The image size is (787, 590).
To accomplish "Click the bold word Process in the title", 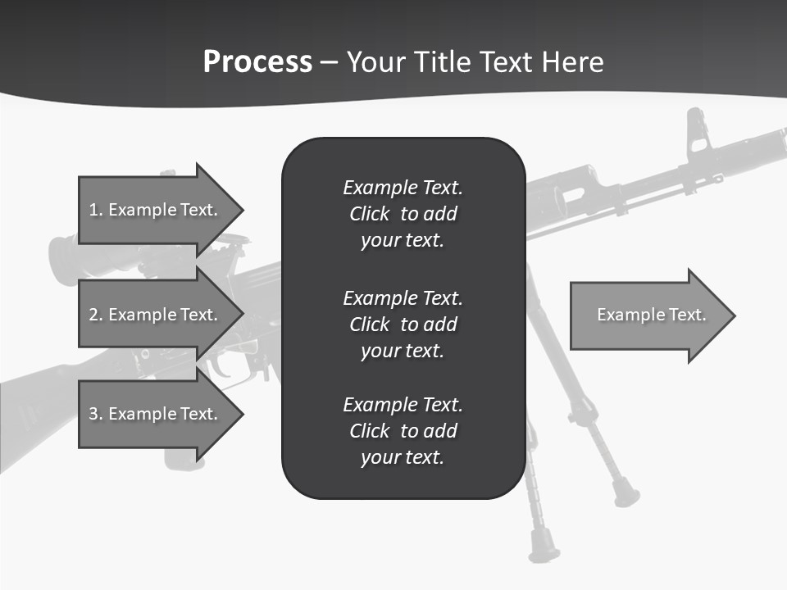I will (257, 62).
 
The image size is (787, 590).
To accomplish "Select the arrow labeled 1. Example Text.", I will (156, 210).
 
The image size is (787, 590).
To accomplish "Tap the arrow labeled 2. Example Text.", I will (156, 315).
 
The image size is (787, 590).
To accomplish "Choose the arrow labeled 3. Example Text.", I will (156, 414).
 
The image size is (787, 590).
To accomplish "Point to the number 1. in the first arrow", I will (96, 210).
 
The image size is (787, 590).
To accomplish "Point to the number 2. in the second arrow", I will (96, 315).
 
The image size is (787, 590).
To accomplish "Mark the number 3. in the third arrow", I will (96, 414).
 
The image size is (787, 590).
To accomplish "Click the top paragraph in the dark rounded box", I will (403, 214).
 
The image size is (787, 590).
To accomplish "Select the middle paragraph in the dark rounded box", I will (403, 324).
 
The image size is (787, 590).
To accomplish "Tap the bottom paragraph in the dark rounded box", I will (403, 431).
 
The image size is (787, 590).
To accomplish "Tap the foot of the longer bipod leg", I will (544, 547).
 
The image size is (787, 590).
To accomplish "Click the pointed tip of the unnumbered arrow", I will (734, 315).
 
